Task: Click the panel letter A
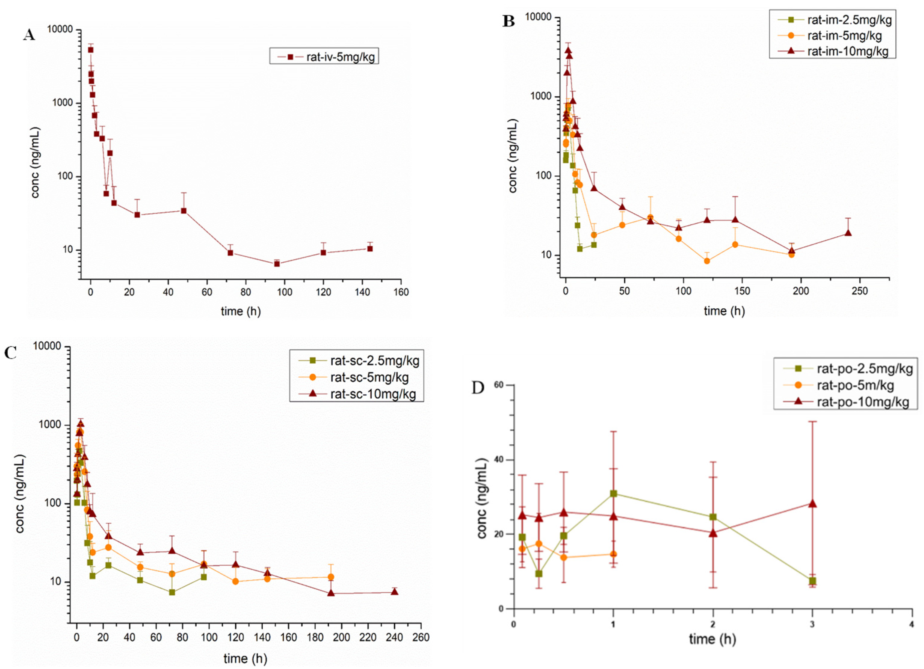[29, 35]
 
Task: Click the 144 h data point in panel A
[369, 249]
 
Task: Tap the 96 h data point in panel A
[277, 264]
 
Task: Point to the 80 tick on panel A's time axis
[246, 292]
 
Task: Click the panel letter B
[508, 21]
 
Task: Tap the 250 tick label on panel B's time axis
[860, 291]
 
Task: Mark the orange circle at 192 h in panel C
[331, 577]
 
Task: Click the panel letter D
[478, 388]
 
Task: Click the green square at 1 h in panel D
[613, 493]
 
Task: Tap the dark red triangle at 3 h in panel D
[812, 504]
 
